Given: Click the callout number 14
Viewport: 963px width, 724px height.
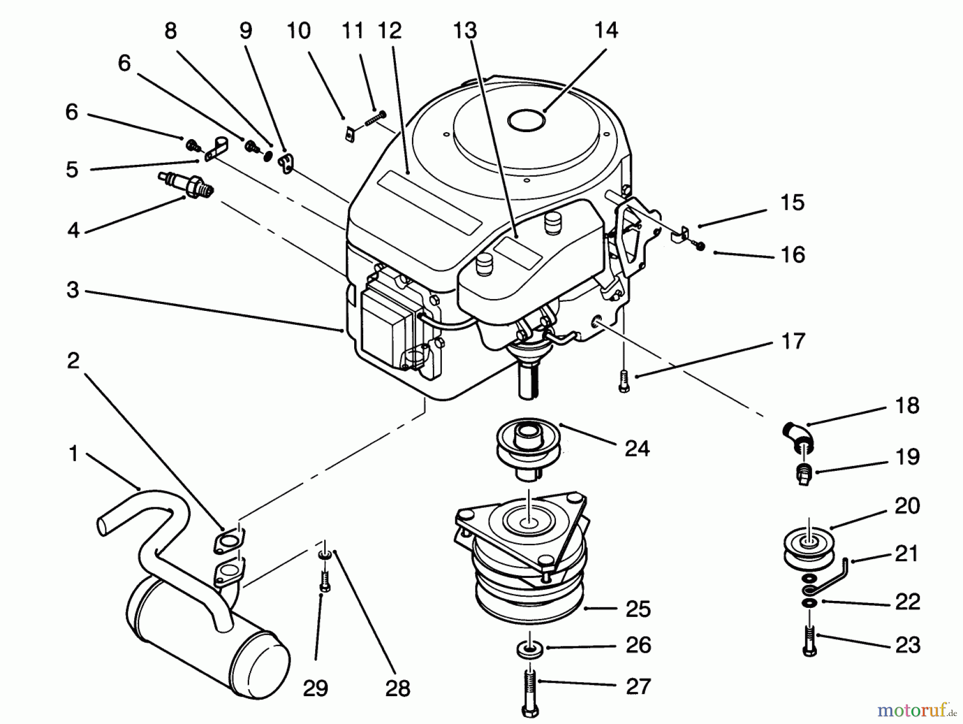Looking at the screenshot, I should pyautogui.click(x=606, y=31).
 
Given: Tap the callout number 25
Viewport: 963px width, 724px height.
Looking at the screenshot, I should pyautogui.click(x=637, y=609).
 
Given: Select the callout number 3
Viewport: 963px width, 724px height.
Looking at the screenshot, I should pyautogui.click(x=73, y=290).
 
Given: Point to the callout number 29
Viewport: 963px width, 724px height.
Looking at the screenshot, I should pyautogui.click(x=315, y=688).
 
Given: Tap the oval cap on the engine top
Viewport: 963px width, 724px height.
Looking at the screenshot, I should pyautogui.click(x=526, y=120).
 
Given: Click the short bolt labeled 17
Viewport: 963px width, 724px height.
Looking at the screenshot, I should pyautogui.click(x=624, y=383).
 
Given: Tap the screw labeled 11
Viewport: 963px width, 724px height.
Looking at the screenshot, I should pyautogui.click(x=375, y=119).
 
